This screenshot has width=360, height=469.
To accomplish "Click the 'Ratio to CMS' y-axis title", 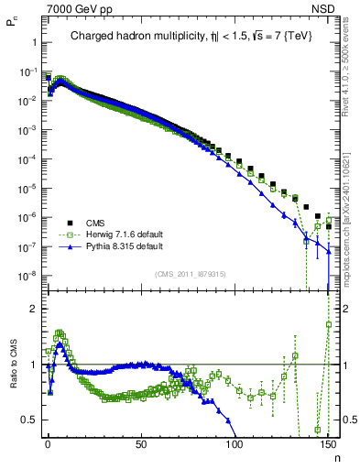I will pyautogui.click(x=12, y=365).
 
